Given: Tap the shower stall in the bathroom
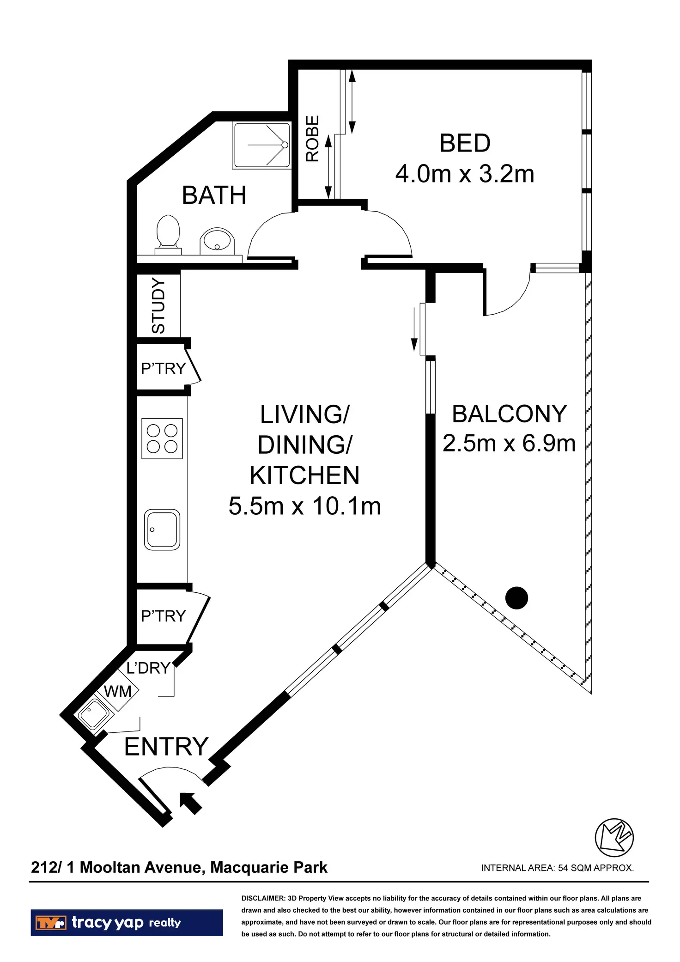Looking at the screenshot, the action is tap(262, 145).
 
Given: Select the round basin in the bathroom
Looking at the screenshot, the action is tap(217, 240).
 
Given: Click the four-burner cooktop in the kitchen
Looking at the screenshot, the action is tap(162, 438).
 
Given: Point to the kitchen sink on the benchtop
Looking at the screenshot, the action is tap(162, 530).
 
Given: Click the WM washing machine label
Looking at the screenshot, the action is tap(118, 691).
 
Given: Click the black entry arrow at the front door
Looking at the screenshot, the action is tap(190, 803).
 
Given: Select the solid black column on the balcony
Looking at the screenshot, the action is tap(516, 598).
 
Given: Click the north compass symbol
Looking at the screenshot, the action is tap(614, 838).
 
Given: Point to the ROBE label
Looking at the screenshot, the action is tap(313, 139).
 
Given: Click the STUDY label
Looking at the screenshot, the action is tap(158, 306).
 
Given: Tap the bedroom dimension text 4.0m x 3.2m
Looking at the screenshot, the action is tap(465, 174).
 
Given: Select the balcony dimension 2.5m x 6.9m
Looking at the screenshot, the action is tap(509, 444).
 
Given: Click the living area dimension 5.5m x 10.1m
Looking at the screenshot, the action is tap(304, 506).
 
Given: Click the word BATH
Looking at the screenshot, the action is tap(214, 195).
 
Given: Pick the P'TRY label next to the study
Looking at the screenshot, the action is tap(163, 368).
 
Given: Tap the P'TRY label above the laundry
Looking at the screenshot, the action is tap(163, 616).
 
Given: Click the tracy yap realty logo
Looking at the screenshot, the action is tap(127, 923).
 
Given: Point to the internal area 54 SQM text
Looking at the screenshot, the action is tap(557, 868).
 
